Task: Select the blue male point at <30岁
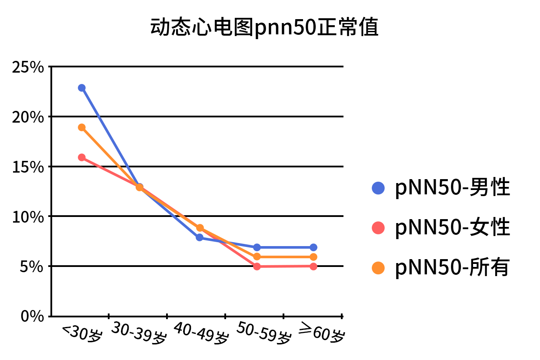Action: (x=82, y=88)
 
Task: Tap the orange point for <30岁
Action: (x=82, y=127)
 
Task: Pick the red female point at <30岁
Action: (x=82, y=157)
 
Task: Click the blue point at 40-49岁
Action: (x=200, y=237)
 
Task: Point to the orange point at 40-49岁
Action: (x=200, y=228)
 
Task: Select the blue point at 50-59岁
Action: (x=257, y=247)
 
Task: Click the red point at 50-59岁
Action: (x=257, y=267)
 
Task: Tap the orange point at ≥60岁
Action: (x=313, y=257)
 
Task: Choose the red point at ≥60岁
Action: (x=313, y=267)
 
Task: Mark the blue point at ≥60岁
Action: (x=313, y=247)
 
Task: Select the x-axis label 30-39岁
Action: (x=138, y=334)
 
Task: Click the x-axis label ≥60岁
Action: (x=322, y=334)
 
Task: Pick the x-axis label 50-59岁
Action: (x=263, y=334)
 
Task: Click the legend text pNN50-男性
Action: (x=452, y=188)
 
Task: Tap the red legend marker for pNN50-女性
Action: (x=378, y=227)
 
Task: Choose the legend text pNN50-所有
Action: (x=452, y=267)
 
